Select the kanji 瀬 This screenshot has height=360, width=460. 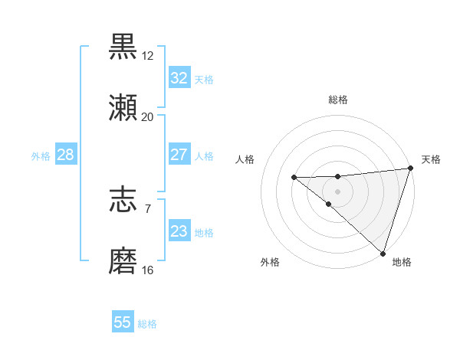[x=123, y=109]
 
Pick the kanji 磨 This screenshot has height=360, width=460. [x=123, y=262]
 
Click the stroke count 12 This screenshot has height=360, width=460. [x=148, y=56]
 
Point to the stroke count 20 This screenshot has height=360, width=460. [x=147, y=117]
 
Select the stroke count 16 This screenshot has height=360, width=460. [x=147, y=270]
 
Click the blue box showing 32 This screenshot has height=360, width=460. [x=179, y=78]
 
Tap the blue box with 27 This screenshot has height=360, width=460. [x=179, y=155]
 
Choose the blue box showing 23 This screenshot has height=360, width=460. [x=179, y=231]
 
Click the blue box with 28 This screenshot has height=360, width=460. [x=66, y=155]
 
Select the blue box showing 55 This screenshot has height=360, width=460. [x=123, y=322]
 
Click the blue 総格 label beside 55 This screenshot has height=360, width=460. [x=147, y=324]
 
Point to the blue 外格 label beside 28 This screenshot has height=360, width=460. [x=41, y=156]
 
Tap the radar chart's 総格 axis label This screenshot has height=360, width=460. [x=338, y=100]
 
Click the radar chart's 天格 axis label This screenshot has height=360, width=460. [x=431, y=159]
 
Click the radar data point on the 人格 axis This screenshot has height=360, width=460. [x=294, y=178]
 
